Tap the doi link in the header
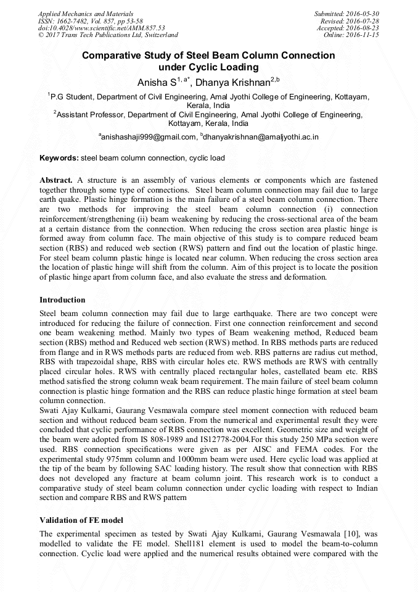point(102,28)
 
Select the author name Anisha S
point(157,81)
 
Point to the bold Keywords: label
point(59,158)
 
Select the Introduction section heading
point(62,300)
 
